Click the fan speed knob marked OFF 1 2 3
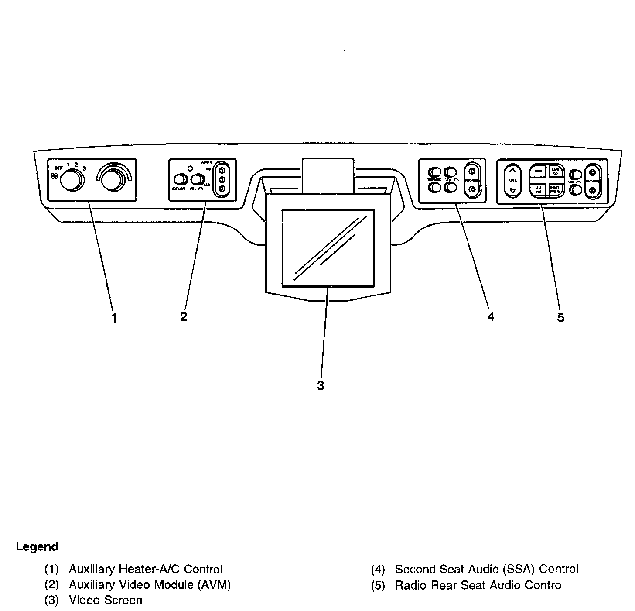pyautogui.click(x=71, y=181)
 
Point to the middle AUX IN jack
pyautogui.click(x=222, y=179)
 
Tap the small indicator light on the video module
pyautogui.click(x=190, y=168)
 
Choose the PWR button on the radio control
pyautogui.click(x=538, y=171)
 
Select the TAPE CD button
pyautogui.click(x=555, y=171)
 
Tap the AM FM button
pyautogui.click(x=538, y=189)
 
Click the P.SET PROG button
pyautogui.click(x=555, y=189)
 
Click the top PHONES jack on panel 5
pyautogui.click(x=592, y=172)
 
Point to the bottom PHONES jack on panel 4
pyautogui.click(x=471, y=189)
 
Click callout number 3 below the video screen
pyautogui.click(x=321, y=386)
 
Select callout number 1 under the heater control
pyautogui.click(x=114, y=318)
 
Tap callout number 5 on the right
pyautogui.click(x=561, y=318)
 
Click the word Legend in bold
pyautogui.click(x=37, y=547)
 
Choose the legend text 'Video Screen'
pyautogui.click(x=105, y=601)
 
